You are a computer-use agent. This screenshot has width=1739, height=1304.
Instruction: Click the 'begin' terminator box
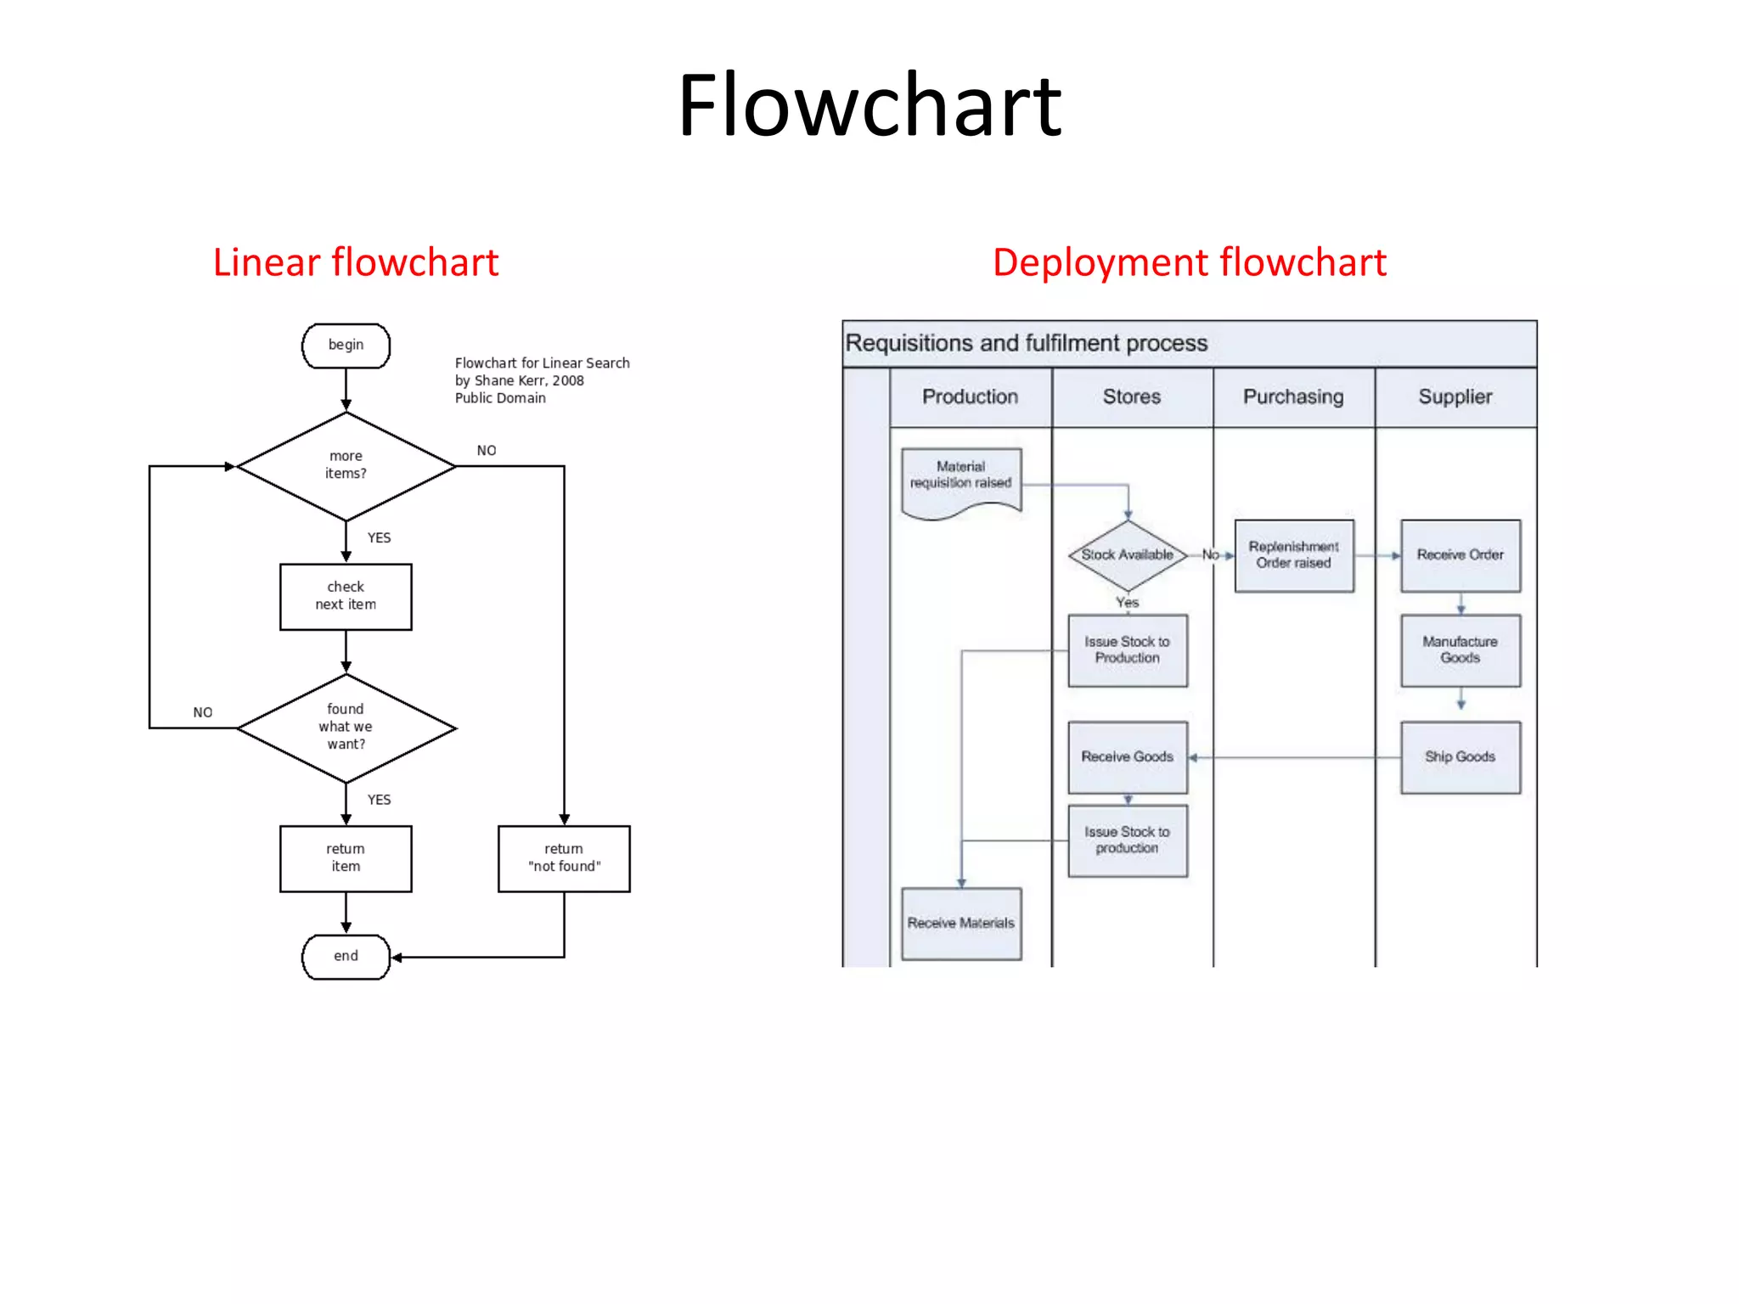coord(346,346)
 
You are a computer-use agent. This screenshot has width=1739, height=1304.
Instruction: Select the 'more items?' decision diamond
coord(346,465)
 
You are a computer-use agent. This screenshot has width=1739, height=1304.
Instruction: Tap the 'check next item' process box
coord(346,596)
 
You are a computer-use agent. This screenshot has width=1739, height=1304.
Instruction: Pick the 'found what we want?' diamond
coord(346,727)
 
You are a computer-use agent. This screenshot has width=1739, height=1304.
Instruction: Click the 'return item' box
coord(346,857)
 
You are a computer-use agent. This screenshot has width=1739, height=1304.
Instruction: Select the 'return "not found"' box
coord(564,857)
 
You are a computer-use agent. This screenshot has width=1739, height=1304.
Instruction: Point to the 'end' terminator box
coord(346,956)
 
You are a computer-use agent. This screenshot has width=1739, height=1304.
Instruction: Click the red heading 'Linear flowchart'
coord(355,262)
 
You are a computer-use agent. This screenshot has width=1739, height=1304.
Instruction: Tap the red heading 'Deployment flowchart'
coord(1189,262)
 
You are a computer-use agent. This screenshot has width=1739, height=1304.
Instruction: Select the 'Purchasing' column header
coord(1293,396)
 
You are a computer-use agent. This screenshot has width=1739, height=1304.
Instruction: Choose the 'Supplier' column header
coord(1455,396)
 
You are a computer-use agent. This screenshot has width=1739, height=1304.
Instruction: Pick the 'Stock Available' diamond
coord(1127,555)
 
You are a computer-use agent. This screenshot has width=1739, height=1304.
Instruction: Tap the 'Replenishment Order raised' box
coord(1293,555)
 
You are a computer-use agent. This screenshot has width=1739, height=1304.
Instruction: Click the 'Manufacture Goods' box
coord(1460,650)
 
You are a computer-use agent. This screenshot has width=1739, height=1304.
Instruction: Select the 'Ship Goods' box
coord(1460,756)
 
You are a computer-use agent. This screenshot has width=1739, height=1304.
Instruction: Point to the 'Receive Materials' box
coord(961,923)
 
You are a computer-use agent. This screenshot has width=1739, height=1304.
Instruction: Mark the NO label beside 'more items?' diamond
coord(487,451)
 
